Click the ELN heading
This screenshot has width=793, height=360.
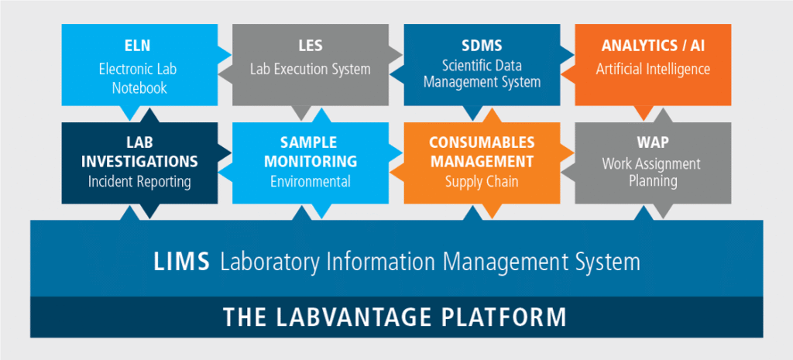click(x=138, y=46)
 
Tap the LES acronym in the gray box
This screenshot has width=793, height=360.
click(x=310, y=46)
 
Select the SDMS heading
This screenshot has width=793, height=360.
click(x=482, y=46)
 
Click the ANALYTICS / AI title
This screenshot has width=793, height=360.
click(x=653, y=46)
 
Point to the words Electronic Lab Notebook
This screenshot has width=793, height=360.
click(x=138, y=78)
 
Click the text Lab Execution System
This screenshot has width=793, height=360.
click(x=310, y=69)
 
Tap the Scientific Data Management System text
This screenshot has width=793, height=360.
click(x=482, y=74)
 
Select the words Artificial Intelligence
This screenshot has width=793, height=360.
click(x=653, y=69)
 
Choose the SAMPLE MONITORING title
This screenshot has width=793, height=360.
click(x=310, y=153)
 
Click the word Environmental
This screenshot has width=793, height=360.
click(x=310, y=182)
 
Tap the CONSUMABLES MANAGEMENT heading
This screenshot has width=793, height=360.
click(x=482, y=153)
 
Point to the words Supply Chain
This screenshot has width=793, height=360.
click(x=482, y=182)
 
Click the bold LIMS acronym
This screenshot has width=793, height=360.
click(x=181, y=262)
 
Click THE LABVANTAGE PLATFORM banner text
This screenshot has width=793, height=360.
click(x=395, y=317)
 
